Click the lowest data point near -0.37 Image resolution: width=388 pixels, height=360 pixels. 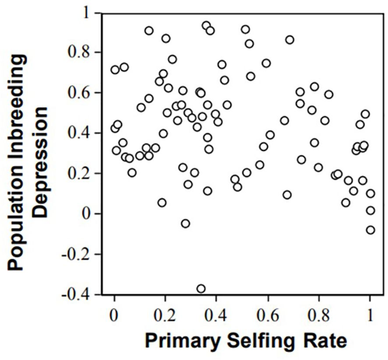click(201, 289)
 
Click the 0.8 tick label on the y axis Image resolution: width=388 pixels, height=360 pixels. click(84, 52)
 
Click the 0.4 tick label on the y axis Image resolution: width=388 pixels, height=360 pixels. click(84, 133)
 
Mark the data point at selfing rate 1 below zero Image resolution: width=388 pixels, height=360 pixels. click(370, 230)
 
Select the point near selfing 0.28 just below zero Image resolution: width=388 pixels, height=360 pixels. click(185, 224)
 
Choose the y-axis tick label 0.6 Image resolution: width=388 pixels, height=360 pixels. click(84, 93)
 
